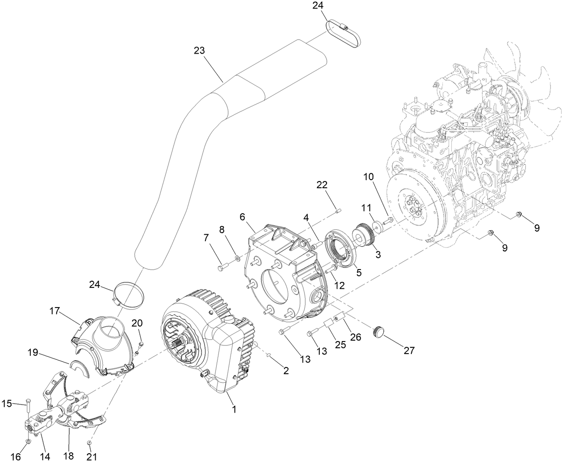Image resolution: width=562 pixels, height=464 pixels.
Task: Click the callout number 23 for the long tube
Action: pyautogui.click(x=199, y=51)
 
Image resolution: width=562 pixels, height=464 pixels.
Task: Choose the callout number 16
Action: pyautogui.click(x=16, y=456)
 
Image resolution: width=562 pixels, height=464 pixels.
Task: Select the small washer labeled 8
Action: pyautogui.click(x=237, y=258)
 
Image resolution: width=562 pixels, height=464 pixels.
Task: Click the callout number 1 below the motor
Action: pyautogui.click(x=234, y=409)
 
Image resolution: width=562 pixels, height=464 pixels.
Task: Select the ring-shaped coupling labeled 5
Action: pyautogui.click(x=342, y=249)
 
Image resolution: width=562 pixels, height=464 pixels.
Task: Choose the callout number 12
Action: pyautogui.click(x=340, y=285)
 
